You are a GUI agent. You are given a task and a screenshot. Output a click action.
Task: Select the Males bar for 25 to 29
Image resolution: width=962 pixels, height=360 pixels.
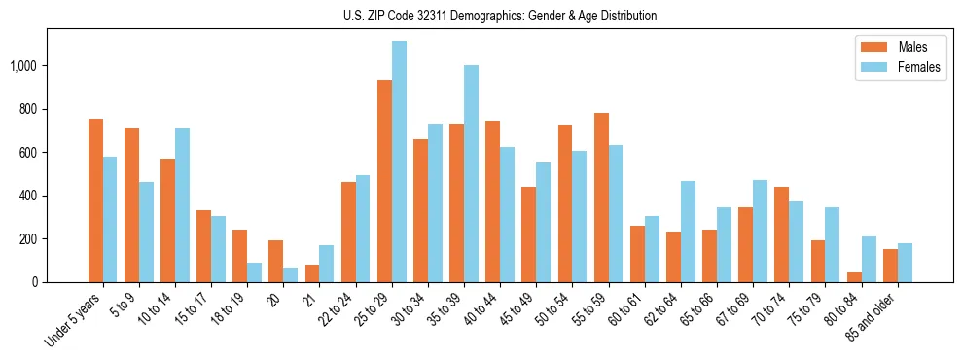point(384,181)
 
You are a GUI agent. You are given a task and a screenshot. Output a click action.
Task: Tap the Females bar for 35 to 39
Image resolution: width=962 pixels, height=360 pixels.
point(471,173)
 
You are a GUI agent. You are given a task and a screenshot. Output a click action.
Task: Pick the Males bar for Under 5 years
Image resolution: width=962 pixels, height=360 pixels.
point(95,200)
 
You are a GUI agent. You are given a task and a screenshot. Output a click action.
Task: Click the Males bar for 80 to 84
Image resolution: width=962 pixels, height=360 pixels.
point(854,277)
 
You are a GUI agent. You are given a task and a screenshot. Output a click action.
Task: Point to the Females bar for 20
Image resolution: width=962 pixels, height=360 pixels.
point(291,274)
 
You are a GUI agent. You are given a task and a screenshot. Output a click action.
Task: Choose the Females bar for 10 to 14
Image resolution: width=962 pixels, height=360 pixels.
point(182,205)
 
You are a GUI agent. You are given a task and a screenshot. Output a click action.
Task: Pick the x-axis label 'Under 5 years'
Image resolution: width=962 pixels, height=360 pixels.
point(75,320)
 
